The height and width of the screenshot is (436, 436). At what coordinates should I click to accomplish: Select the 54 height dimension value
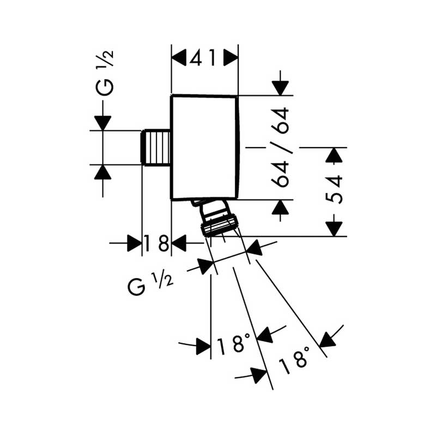coord(334,189)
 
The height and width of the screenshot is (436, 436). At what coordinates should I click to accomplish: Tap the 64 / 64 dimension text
coord(280,147)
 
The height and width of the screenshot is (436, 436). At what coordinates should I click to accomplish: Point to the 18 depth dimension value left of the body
coord(156,243)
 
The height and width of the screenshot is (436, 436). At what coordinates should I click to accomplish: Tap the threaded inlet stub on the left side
coord(156,147)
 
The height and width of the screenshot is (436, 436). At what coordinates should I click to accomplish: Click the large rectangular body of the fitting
coord(205,147)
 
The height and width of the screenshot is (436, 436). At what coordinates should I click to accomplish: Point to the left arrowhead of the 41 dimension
coord(179,58)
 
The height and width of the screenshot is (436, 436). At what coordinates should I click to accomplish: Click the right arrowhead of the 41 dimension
coord(231,58)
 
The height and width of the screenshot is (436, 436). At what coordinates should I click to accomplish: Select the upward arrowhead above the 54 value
coord(334,155)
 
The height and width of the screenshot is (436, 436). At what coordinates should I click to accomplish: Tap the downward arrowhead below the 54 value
coord(334,229)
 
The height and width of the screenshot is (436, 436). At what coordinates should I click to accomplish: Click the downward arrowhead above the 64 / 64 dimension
coord(280,88)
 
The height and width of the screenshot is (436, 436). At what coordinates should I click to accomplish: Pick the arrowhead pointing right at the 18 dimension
coord(135,243)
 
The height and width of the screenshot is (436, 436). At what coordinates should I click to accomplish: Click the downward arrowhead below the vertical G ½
coord(102,123)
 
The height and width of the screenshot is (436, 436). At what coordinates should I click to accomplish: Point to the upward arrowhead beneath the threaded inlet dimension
coord(102,172)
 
